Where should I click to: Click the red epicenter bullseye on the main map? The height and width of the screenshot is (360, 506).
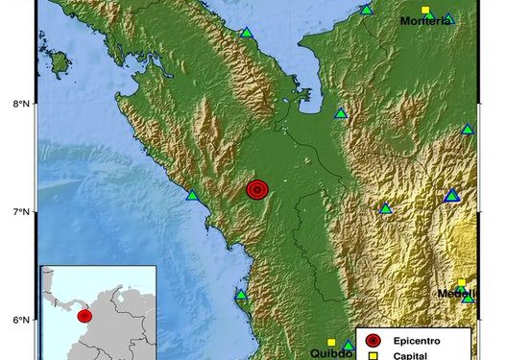[x=256, y=190]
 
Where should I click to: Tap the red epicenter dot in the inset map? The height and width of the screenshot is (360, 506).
[x=84, y=314]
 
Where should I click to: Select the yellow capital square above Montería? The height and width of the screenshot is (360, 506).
[x=425, y=9]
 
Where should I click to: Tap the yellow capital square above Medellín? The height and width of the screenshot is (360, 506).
[x=461, y=282]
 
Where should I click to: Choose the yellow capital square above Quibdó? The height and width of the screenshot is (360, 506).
[x=331, y=342]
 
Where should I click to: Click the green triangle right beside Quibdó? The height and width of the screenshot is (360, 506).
[x=348, y=346]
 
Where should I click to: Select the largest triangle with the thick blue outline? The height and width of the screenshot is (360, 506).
[x=452, y=196]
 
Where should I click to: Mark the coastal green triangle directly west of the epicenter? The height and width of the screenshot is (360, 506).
[x=192, y=196]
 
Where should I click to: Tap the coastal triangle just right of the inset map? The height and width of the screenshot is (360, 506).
[x=241, y=295]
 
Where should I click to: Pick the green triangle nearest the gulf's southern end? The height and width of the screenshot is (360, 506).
[x=340, y=113]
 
